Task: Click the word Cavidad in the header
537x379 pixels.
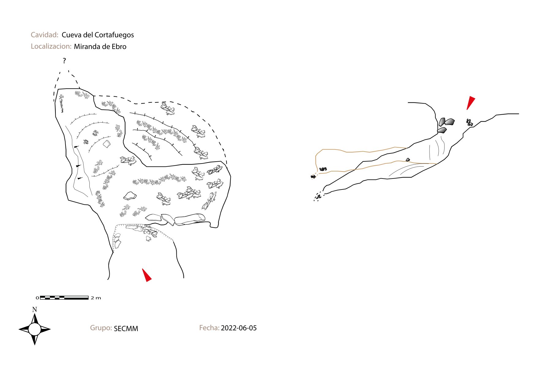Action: click(44, 35)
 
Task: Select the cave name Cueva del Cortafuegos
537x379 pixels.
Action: click(98, 35)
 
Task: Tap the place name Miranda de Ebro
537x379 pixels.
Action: click(100, 46)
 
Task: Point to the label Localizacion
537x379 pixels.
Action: click(51, 46)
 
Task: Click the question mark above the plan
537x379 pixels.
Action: click(64, 61)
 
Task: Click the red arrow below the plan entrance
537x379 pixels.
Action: click(147, 275)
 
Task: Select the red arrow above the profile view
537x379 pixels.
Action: click(471, 103)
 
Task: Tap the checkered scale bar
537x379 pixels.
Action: click(64, 298)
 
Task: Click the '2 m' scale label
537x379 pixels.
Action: click(96, 298)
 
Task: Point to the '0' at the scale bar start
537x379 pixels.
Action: click(37, 298)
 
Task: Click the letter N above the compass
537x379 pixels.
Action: click(35, 310)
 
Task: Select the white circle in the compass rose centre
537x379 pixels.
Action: click(34, 329)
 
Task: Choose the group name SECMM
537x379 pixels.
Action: click(126, 329)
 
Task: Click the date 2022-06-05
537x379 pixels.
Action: click(239, 328)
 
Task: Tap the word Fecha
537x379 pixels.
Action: click(209, 328)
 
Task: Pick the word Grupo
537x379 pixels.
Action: click(101, 328)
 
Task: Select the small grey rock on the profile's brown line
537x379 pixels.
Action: click(408, 160)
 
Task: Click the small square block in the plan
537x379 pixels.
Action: click(107, 144)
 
